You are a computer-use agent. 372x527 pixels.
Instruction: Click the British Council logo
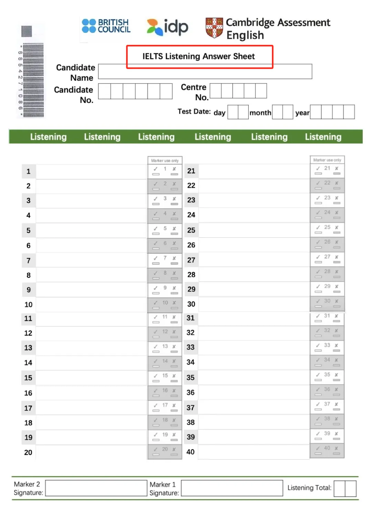[106, 26]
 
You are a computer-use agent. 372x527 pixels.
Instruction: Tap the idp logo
[167, 27]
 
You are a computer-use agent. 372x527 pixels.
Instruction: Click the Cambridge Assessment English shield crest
[214, 28]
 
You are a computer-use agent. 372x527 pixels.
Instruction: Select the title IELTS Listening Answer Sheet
[199, 57]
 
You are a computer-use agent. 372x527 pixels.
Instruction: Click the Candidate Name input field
[205, 72]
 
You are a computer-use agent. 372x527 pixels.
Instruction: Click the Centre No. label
[194, 92]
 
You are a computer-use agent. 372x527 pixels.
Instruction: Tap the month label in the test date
[260, 113]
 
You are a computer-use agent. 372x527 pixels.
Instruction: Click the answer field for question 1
[91, 172]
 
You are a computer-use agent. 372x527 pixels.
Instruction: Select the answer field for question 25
[254, 230]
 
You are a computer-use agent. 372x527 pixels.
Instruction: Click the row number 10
[28, 305]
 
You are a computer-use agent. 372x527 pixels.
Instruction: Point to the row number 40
[190, 452]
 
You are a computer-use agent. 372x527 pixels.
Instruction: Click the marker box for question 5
[165, 230]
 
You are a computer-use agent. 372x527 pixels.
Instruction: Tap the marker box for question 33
[327, 347]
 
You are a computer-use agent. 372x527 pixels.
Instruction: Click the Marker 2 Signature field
[96, 488]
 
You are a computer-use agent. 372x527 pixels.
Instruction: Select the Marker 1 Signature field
[232, 488]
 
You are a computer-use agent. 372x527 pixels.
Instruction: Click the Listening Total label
[309, 488]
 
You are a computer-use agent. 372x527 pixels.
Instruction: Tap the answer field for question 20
[91, 453]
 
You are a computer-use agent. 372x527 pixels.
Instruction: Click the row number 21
[191, 171]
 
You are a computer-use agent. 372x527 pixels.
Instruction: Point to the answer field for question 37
[254, 408]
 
